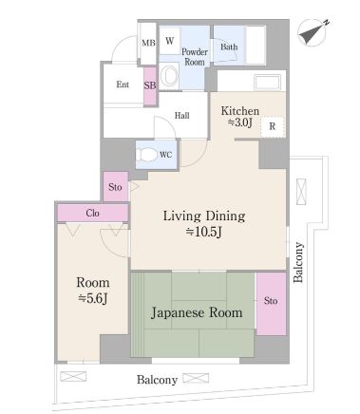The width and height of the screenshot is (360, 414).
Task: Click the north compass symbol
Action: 313,32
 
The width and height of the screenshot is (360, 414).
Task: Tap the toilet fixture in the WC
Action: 147,155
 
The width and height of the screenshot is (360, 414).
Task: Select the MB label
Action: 148,43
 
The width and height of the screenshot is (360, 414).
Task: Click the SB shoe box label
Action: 150,85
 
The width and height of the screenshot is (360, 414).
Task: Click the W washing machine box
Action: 169,41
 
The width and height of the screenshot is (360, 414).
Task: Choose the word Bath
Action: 229,47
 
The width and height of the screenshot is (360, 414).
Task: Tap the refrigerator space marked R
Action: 273,126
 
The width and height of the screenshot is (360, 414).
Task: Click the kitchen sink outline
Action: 268,83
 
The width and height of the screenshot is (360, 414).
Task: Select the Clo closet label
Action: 92,213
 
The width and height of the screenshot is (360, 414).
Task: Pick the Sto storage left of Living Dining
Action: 116,187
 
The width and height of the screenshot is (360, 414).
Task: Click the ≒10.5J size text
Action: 203,232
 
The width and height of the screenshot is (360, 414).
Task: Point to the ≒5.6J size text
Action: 93,298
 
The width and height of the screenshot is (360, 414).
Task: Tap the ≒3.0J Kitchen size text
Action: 240,122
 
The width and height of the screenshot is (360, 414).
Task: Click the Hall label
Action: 182,116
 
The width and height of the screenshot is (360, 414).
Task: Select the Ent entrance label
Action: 123,85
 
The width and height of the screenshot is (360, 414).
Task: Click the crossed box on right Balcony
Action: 301,192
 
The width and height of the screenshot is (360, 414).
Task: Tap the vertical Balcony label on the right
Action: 298,262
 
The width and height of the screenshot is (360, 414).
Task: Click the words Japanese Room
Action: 197,313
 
